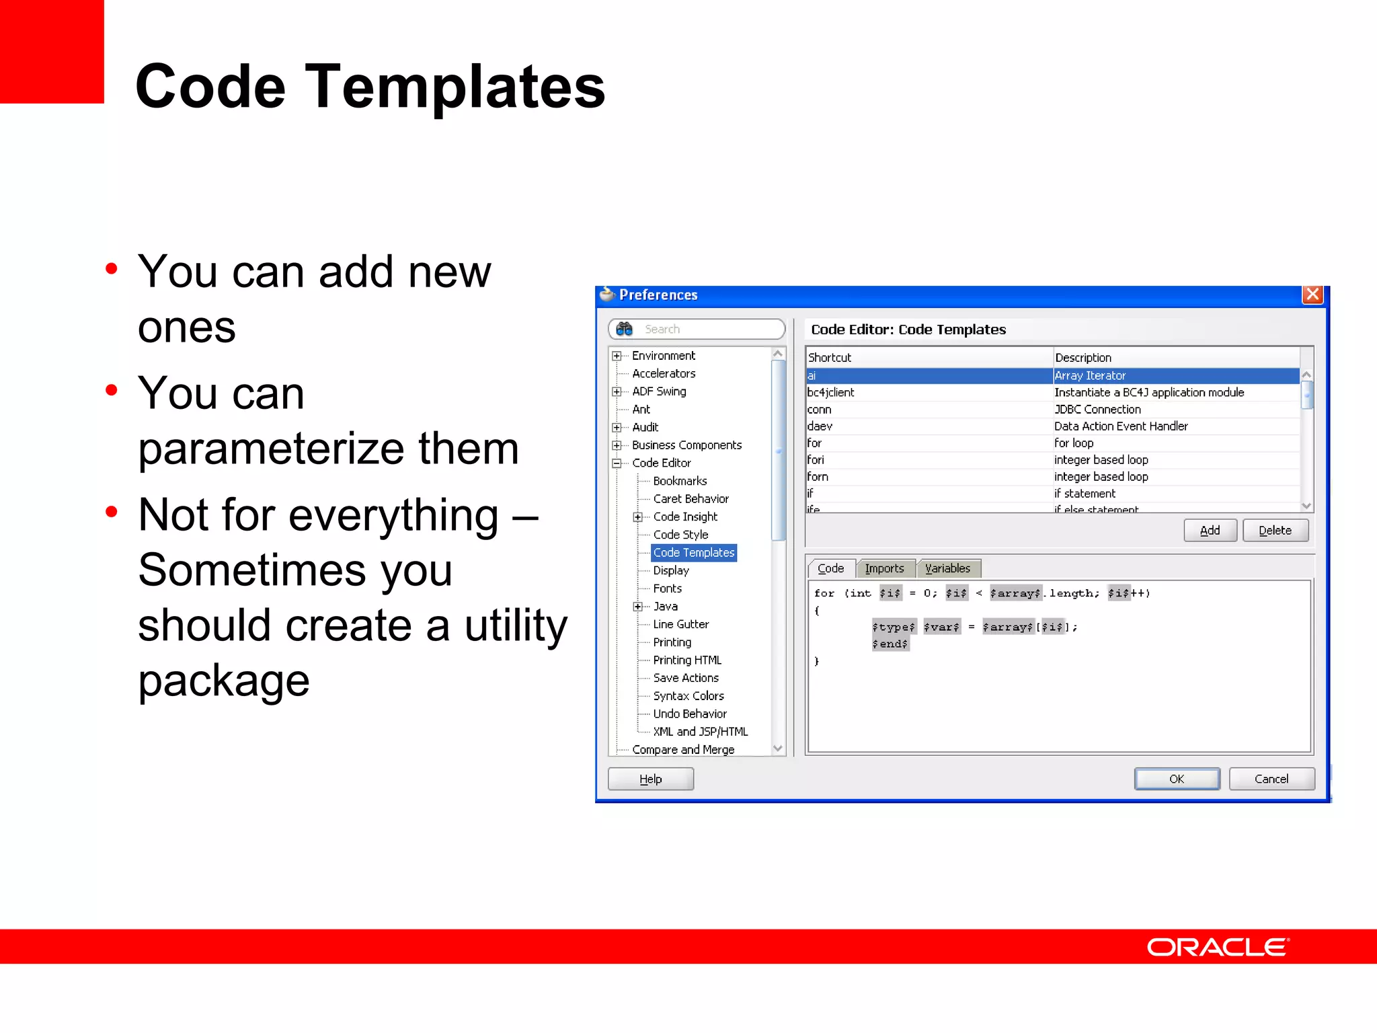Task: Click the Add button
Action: [x=1210, y=531]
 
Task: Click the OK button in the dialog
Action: [x=1177, y=779]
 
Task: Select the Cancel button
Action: [x=1271, y=779]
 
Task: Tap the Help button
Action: [x=650, y=779]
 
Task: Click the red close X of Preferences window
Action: [x=1312, y=295]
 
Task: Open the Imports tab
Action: [x=884, y=568]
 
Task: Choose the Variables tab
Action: [x=947, y=568]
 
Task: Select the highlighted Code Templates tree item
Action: [x=694, y=553]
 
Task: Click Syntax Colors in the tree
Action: [x=688, y=696]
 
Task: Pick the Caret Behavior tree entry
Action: [x=691, y=499]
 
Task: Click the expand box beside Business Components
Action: [x=617, y=445]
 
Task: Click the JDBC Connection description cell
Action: [x=1097, y=410]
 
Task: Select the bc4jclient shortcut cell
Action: [x=831, y=393]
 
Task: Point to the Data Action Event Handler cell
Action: [x=1121, y=426]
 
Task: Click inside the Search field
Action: [x=706, y=329]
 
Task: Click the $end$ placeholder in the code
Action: [x=890, y=644]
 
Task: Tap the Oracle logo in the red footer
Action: [x=1217, y=947]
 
